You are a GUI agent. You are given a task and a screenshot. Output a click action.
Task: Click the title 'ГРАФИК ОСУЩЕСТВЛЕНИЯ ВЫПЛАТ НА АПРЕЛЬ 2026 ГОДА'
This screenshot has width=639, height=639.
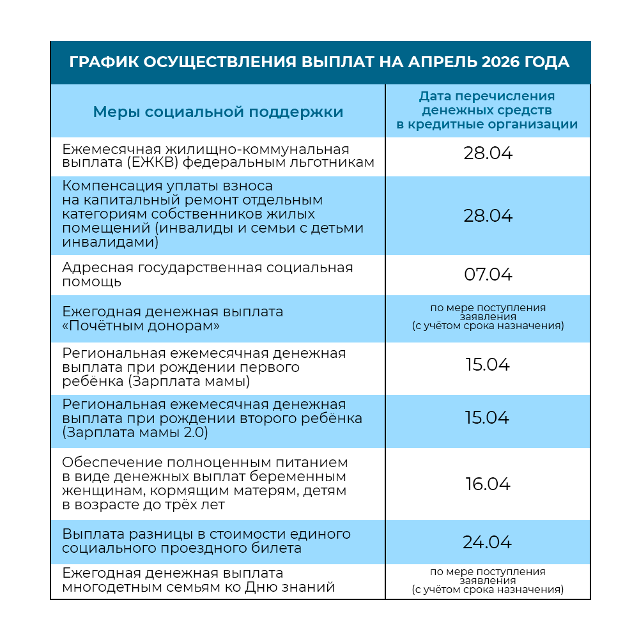coord(319,62)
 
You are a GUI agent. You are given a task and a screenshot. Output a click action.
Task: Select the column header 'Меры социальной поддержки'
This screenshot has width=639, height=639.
coord(218,112)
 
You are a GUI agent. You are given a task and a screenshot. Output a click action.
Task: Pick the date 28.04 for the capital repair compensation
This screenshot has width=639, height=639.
coord(488,215)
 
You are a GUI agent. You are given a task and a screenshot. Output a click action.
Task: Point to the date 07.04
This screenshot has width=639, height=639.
coord(488,275)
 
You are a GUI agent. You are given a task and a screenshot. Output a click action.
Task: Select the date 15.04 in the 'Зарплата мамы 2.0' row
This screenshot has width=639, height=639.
coord(488,418)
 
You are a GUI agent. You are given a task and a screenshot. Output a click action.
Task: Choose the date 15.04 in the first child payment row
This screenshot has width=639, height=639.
coord(488,365)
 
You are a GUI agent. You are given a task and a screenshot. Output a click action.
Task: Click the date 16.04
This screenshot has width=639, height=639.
coord(488,484)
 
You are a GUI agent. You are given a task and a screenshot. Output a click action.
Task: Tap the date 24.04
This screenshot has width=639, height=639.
coord(488,543)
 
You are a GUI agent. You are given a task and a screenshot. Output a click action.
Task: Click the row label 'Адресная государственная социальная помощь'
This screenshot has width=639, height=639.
coord(208,274)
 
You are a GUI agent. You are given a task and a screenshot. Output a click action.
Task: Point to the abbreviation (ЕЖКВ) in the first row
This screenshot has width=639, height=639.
coord(153,163)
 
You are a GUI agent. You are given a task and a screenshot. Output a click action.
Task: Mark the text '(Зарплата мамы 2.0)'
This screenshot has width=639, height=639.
coord(135,433)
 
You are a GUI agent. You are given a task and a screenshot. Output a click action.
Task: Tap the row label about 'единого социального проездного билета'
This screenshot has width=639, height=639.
coord(206,541)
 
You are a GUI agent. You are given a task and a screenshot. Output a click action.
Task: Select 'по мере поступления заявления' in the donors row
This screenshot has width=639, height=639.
coord(488,312)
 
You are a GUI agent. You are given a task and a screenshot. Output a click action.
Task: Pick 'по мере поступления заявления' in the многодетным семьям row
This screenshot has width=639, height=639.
coord(488,576)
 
